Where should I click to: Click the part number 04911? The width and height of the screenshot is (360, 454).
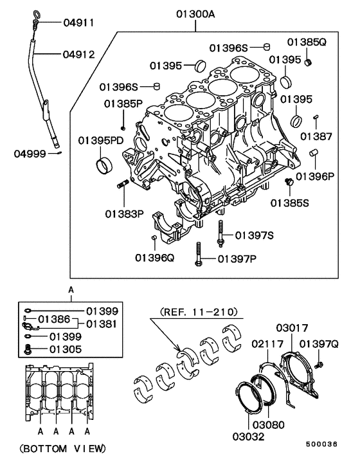(x=78, y=23)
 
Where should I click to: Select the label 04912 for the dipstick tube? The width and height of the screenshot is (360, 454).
(x=78, y=55)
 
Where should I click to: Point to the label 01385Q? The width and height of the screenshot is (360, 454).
(x=307, y=42)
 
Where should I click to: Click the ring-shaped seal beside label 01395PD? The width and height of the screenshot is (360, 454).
(x=104, y=165)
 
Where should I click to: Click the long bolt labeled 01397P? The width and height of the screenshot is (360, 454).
(x=199, y=252)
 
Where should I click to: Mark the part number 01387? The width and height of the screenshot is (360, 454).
(x=316, y=136)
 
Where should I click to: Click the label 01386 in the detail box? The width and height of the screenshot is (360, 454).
(x=53, y=318)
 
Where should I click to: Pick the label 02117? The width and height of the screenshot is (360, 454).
(x=267, y=344)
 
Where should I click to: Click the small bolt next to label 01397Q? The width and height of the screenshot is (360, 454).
(x=319, y=365)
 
